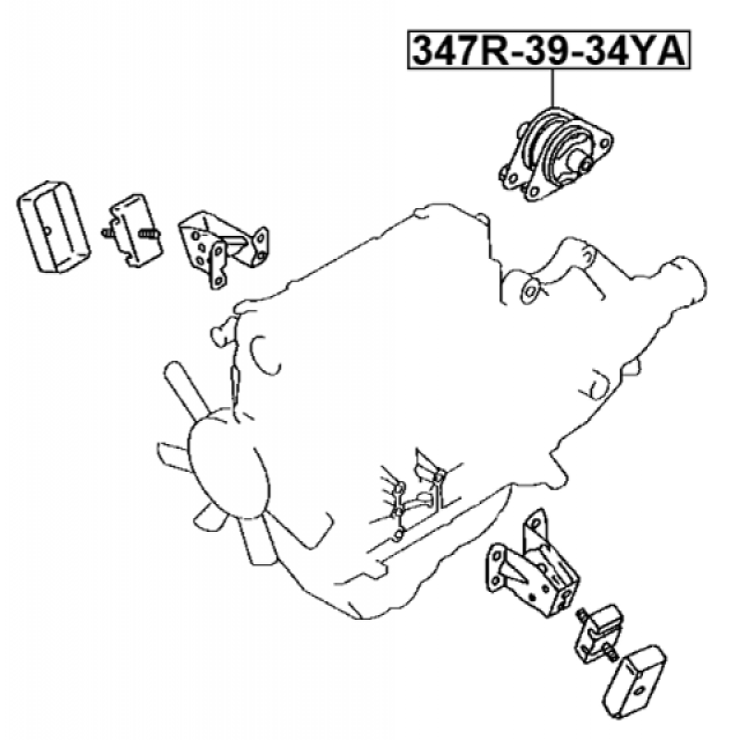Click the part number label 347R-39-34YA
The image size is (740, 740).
[x=549, y=50]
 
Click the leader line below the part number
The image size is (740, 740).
[x=552, y=88]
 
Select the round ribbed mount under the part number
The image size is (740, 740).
[x=556, y=154]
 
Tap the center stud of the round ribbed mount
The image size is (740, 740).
[x=584, y=165]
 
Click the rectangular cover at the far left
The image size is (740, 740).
[x=54, y=227]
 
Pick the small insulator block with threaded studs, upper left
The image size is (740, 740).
[x=132, y=230]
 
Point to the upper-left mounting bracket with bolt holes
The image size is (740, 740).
[x=223, y=249]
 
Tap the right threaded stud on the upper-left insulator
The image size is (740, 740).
[x=150, y=233]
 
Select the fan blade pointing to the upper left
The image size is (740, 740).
[x=188, y=390]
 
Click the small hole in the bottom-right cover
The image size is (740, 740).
[x=639, y=690]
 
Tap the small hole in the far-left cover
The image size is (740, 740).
[x=47, y=230]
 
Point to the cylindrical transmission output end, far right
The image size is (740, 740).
[x=684, y=281]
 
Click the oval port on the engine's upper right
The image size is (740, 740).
[x=529, y=291]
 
